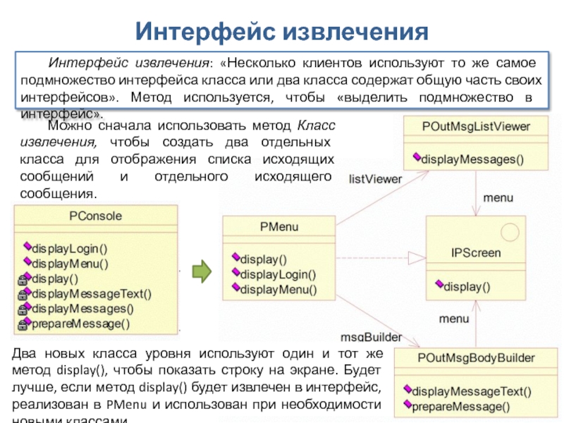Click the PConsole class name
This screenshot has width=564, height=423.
click(95, 216)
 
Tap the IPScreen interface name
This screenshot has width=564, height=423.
click(476, 252)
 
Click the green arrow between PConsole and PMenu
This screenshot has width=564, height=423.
click(202, 269)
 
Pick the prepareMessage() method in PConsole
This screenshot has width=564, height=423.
click(80, 324)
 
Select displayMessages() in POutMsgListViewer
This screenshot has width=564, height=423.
click(472, 159)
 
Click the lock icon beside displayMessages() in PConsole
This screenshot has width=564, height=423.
click(23, 309)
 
